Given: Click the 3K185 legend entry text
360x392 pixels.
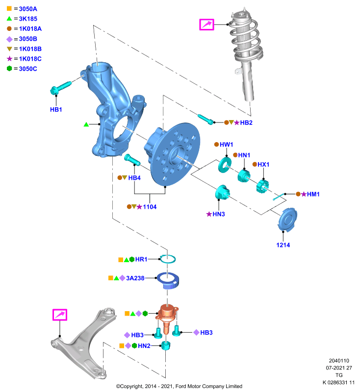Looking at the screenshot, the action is pos(28,19).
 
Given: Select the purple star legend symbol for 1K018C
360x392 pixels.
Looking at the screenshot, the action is pos(9,59).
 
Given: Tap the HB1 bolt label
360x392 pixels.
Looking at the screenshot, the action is pos(56,109).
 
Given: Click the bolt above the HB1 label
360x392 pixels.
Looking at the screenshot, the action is pos(61,88).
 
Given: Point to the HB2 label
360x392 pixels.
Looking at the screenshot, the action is pos(246,123).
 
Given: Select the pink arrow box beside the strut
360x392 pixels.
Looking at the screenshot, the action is pos(206,24).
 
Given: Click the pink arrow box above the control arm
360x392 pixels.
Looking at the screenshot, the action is pos(60,315).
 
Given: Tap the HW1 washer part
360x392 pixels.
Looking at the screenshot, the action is pos(225,165).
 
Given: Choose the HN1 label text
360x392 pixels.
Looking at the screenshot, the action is pos(244,155).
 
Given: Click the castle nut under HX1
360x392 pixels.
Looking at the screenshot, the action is pos(262,186).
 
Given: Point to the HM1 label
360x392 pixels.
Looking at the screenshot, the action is pos(313,194).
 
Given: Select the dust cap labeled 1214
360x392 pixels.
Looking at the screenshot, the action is pos(287,220).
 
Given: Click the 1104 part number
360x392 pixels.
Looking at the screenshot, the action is pos(150,207).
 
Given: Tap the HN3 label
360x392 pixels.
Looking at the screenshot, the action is pos(219,214).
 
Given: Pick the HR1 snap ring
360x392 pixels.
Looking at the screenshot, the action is pos(168,259).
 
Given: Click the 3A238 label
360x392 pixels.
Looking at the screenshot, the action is pos(135,278).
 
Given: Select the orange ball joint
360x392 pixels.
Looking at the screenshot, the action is pos(167,319).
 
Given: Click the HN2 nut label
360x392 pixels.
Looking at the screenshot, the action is pos(144,346).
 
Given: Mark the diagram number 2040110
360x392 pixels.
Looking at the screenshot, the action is pos(339,361).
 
